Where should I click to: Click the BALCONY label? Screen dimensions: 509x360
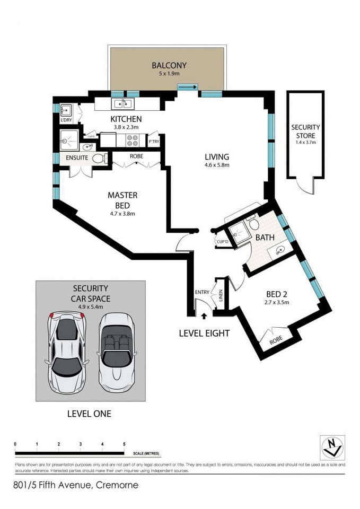(x=169, y=65)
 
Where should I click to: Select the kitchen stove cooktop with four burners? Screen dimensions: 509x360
(x=132, y=141)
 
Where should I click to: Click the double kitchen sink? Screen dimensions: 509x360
(x=122, y=103)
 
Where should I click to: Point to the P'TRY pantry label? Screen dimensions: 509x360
(x=154, y=142)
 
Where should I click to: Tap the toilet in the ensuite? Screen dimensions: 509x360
(x=98, y=158)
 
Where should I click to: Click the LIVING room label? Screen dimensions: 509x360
(x=217, y=157)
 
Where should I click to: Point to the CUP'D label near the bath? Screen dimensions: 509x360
(x=222, y=242)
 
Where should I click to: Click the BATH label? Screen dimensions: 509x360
(x=265, y=237)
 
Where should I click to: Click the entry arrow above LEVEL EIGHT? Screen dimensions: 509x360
(x=205, y=317)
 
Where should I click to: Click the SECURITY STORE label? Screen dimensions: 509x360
(x=305, y=131)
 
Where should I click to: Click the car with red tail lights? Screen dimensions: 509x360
(x=67, y=353)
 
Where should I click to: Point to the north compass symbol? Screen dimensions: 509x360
(x=332, y=447)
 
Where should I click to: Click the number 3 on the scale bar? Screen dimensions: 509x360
(x=81, y=444)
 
